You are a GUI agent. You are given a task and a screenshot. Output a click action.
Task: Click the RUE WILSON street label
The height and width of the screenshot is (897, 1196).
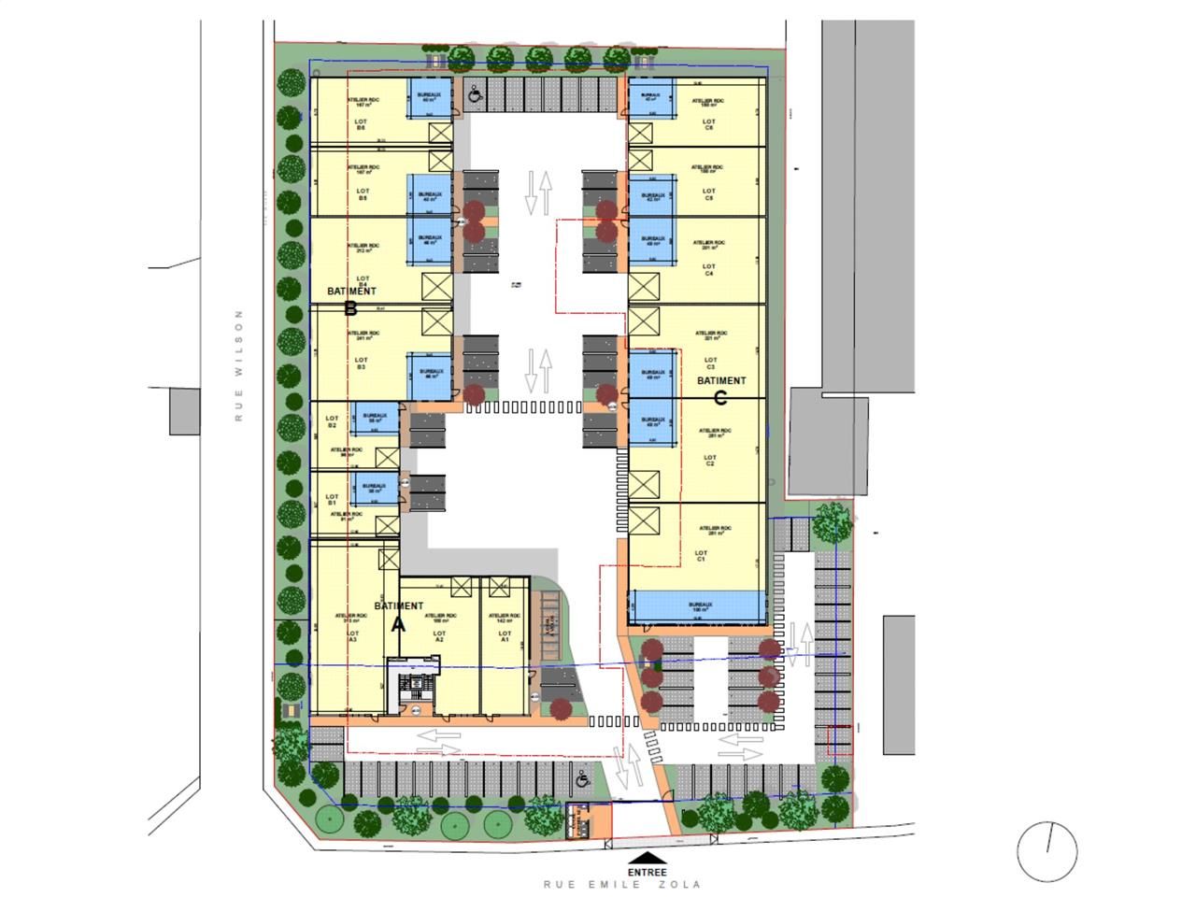[239, 365]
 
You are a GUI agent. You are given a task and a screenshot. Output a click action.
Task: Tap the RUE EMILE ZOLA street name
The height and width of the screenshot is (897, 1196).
[621, 884]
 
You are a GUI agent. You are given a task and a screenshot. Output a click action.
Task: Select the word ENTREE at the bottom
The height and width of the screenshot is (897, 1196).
[647, 872]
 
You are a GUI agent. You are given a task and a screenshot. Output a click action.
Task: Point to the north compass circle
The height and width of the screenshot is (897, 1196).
[1047, 849]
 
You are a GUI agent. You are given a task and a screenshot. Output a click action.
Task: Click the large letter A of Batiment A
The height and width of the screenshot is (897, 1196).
[398, 625]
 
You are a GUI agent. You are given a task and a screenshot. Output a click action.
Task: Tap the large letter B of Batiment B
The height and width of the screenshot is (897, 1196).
[350, 308]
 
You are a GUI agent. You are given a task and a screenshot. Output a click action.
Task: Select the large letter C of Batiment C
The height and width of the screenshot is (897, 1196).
[719, 398]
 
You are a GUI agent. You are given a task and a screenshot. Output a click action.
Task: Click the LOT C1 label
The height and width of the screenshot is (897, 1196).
[701, 555]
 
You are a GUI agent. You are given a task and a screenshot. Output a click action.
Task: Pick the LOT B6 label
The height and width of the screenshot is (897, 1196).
[361, 125]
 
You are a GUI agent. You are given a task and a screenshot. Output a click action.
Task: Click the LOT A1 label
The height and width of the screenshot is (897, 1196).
[505, 637]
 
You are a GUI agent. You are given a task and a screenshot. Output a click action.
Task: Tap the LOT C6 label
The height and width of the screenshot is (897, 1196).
[709, 124]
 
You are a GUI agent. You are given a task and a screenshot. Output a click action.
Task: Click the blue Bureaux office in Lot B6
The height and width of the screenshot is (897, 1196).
[430, 97]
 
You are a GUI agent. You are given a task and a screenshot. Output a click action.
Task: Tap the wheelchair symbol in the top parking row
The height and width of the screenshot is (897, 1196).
[475, 93]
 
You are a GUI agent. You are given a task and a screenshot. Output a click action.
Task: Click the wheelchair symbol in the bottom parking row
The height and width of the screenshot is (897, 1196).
[582, 777]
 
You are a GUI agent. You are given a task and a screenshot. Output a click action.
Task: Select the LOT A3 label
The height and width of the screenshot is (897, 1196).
[352, 636]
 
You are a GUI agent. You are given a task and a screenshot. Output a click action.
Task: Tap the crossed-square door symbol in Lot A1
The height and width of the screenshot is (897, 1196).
[498, 586]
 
